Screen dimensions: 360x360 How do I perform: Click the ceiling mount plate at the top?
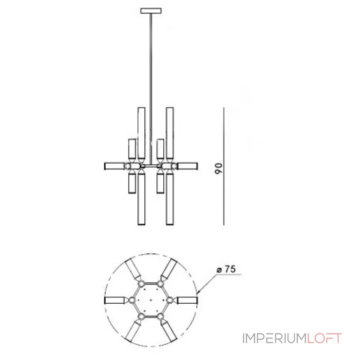[x=151, y=11]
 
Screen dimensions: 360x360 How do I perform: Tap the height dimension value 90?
[x=219, y=168]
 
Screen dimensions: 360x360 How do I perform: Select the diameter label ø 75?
[x=226, y=269]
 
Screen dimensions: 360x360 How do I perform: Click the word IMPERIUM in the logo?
[x=274, y=338]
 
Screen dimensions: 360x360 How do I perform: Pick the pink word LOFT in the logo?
[x=324, y=338]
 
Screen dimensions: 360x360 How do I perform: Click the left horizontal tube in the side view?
[x=114, y=166]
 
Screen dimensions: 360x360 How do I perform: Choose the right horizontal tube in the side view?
[x=188, y=166]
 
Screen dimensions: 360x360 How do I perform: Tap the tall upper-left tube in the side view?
[x=141, y=133]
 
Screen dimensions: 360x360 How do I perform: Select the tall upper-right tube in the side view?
[x=170, y=133]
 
